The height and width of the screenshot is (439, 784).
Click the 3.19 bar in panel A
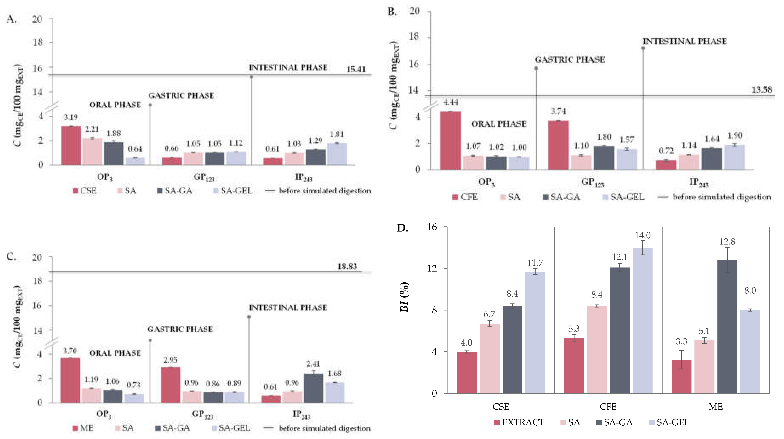[x=71, y=146]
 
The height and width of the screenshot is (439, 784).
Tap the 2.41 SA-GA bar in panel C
[x=314, y=388]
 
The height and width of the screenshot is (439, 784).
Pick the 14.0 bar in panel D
[x=643, y=320]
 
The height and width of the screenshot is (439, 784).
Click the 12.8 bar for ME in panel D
[x=727, y=326]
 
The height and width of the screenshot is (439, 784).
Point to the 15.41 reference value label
[x=356, y=69]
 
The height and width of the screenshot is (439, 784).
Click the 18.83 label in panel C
[x=347, y=266]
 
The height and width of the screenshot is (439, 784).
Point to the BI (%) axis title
[x=404, y=297]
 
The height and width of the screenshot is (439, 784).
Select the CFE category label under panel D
[x=608, y=407]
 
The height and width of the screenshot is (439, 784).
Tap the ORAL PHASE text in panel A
[x=115, y=105]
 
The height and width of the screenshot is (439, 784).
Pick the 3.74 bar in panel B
[x=558, y=145]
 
